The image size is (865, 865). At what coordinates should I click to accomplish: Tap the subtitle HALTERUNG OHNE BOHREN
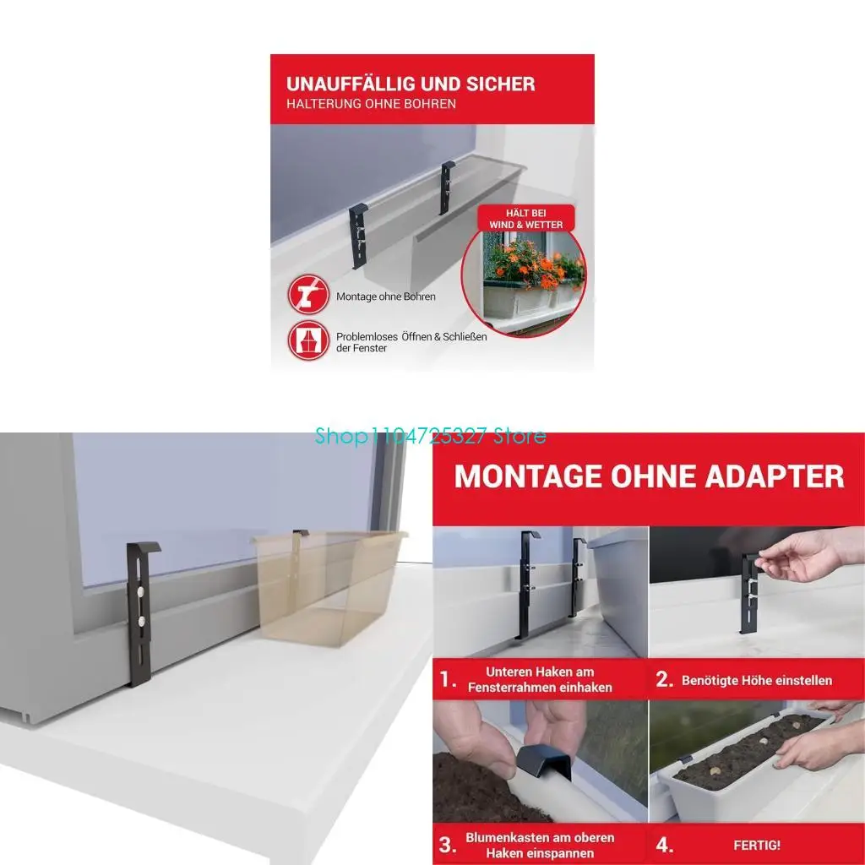pyautogui.click(x=372, y=104)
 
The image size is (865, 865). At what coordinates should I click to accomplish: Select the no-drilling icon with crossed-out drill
pyautogui.click(x=308, y=295)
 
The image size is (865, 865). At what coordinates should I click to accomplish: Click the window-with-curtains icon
pyautogui.click(x=308, y=340)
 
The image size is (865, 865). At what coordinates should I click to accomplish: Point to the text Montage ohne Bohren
pyautogui.click(x=385, y=296)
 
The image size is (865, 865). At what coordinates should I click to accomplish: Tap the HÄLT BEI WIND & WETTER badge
pyautogui.click(x=525, y=219)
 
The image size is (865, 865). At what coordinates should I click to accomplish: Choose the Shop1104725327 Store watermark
pyautogui.click(x=430, y=436)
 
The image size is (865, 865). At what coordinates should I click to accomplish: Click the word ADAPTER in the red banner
pyautogui.click(x=775, y=476)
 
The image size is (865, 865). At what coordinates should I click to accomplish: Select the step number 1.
pyautogui.click(x=448, y=679)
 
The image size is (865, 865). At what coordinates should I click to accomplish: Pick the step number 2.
pyautogui.click(x=664, y=679)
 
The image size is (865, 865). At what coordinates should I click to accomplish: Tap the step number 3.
pyautogui.click(x=448, y=845)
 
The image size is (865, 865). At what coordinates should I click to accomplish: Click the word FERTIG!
pyautogui.click(x=757, y=845)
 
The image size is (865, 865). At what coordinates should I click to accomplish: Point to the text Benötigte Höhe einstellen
pyautogui.click(x=757, y=680)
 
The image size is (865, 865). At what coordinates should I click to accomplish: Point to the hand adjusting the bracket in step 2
pyautogui.click(x=802, y=558)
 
